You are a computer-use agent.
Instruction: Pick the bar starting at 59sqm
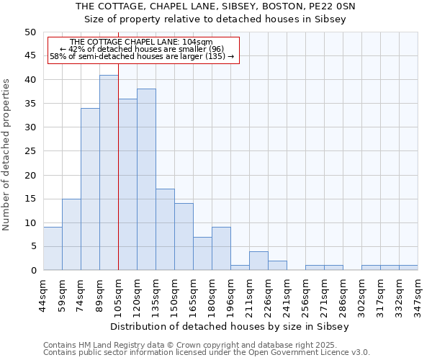[71, 234]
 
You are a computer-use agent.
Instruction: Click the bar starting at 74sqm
[90, 189]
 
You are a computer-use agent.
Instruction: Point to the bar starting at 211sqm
[258, 261]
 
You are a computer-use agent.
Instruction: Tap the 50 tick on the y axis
[30, 32]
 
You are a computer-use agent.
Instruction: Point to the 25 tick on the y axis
[30, 151]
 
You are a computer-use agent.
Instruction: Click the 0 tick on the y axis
[33, 271]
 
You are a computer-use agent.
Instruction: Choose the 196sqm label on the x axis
[230, 294]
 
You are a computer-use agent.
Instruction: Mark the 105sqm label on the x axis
[118, 294]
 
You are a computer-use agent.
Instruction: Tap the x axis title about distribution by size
[230, 326]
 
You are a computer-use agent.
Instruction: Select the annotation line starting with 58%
[142, 56]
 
